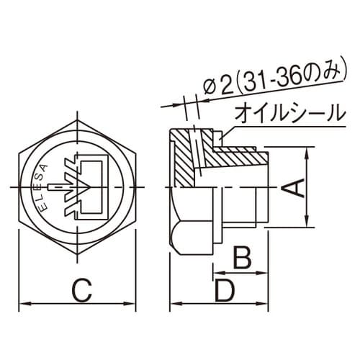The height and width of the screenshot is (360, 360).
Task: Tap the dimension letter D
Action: [225, 291]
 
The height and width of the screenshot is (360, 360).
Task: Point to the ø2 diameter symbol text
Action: [213, 86]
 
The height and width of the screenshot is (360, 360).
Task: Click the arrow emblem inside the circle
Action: [84, 186]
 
